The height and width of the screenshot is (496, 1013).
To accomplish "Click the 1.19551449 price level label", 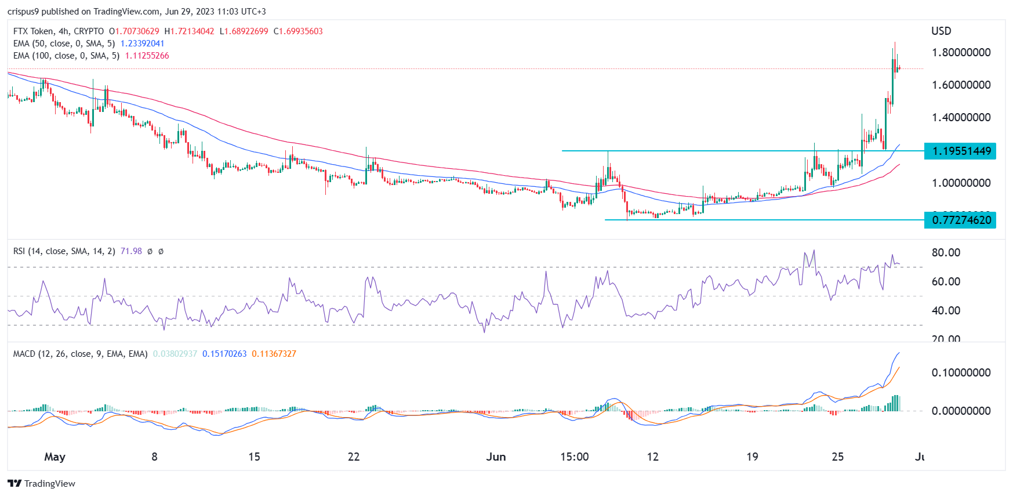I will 961,151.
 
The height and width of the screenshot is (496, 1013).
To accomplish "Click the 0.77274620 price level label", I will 961,220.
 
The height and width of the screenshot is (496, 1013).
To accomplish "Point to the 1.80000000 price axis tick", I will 961,52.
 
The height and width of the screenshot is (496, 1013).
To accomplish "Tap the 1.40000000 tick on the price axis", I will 961,117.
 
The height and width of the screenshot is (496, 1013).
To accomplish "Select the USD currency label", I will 941,31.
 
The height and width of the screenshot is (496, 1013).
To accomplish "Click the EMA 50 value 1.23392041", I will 142,44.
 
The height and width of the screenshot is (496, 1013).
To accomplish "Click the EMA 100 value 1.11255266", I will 147,56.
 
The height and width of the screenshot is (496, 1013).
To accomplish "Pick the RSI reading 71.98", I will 131,251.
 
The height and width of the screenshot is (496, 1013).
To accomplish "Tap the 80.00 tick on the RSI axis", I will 946,252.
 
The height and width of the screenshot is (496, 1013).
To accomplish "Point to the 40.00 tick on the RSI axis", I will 946,310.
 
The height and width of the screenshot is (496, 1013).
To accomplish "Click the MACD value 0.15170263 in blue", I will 224,354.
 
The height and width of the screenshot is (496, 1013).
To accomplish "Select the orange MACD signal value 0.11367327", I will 274,354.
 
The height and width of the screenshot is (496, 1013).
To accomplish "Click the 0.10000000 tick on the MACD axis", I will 961,372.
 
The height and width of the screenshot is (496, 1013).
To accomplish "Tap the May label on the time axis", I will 55,457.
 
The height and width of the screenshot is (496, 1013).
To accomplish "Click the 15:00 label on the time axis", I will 574,457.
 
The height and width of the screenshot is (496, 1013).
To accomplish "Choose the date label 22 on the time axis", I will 354,457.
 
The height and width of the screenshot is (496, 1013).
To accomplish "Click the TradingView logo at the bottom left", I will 42,483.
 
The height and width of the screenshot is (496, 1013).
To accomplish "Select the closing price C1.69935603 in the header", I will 298,31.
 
